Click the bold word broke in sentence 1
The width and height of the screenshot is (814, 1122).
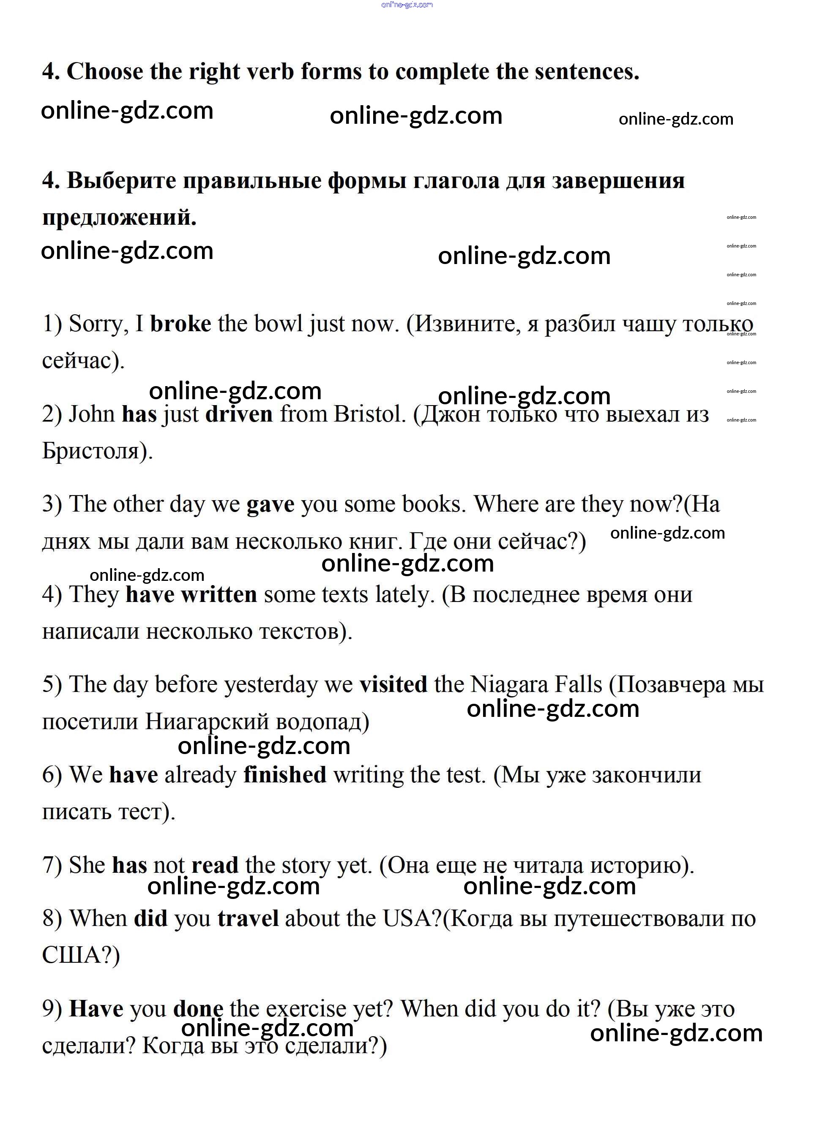180,324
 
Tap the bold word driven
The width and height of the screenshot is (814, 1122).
239,414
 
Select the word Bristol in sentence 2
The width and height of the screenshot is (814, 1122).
369,414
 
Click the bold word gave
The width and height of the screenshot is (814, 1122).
270,504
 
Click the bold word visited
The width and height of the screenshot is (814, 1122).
393,685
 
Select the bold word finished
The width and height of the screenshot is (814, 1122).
285,775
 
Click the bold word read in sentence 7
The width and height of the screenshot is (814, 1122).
215,865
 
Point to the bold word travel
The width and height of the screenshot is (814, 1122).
248,918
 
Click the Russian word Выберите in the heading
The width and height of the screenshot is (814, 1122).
121,180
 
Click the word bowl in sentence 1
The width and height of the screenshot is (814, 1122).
278,324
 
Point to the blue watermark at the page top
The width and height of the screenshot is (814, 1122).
407,5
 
